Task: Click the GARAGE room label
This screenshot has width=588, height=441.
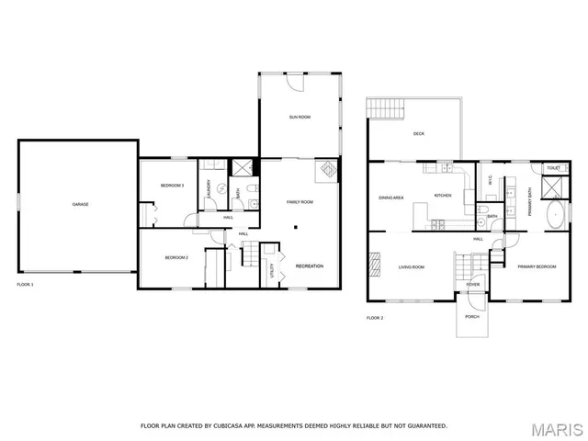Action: pos(80,203)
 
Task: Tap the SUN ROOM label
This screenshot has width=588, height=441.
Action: pos(300,117)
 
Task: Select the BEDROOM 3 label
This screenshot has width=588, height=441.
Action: pos(173,186)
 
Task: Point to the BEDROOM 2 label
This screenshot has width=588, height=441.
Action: pos(176,258)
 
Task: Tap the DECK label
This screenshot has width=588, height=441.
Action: pos(418,134)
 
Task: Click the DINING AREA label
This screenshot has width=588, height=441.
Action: pos(391,197)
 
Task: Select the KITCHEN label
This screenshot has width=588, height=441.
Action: pos(443,195)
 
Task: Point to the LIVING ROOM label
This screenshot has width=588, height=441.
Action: pos(411,267)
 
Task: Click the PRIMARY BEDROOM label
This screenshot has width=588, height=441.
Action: pos(537,266)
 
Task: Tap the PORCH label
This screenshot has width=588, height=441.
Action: pos(472,317)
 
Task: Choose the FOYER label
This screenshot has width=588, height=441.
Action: pos(472,285)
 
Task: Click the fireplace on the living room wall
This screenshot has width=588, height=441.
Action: pos(374,266)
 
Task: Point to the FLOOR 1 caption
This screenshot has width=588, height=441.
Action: pos(26,286)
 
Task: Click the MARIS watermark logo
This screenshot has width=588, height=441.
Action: pos(557,429)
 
